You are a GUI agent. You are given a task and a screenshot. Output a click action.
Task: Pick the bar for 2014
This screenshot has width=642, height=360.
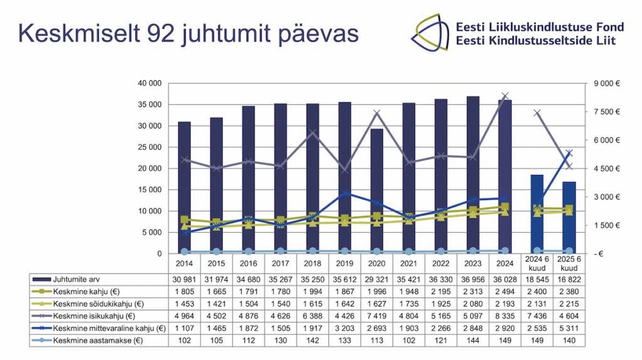coord(184,188)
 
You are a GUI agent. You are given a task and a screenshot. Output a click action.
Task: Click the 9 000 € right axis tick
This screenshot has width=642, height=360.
coord(608,83)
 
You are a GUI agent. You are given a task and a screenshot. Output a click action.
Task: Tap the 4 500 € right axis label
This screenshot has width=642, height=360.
coord(608,169)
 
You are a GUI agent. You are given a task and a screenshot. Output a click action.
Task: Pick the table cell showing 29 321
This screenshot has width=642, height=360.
coord(377,278)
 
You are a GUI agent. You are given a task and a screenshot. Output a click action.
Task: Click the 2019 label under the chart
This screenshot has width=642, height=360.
coord(344,263)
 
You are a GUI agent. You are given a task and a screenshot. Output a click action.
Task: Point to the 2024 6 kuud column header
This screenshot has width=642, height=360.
coord(537,263)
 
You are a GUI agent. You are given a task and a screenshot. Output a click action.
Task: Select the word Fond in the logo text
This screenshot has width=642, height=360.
coord(610,27)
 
